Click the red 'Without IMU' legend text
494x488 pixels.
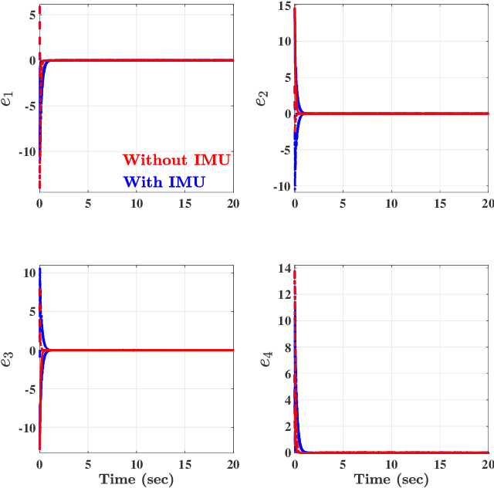click(177, 160)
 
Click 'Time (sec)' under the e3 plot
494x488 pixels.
click(136, 480)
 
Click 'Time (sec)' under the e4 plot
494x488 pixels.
click(391, 480)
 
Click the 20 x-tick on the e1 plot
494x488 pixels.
click(232, 203)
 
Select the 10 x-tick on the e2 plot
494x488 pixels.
click(391, 203)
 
